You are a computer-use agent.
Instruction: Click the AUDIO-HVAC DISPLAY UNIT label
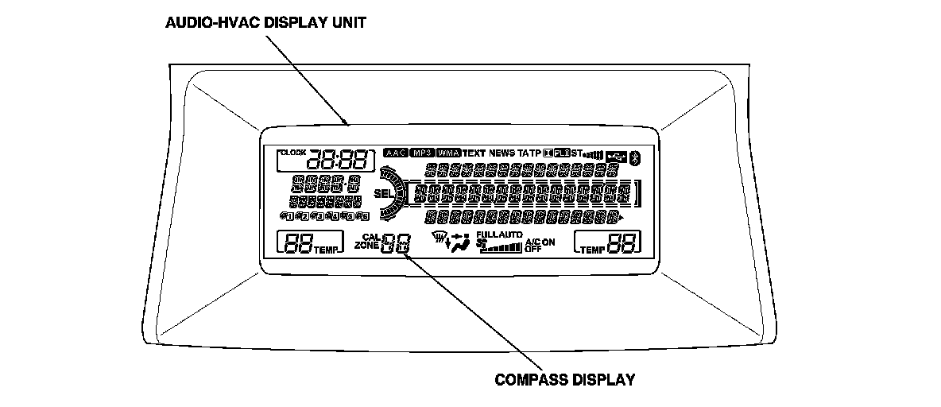coord(265,22)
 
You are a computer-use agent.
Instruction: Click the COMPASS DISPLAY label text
coord(565,379)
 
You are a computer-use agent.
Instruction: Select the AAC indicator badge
coord(395,153)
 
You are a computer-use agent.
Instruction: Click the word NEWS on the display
coord(502,153)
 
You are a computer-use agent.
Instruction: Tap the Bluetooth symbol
coord(634,157)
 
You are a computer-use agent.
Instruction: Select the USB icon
coord(616,157)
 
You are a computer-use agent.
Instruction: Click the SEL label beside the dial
coord(382,193)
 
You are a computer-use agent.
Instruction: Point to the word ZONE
coord(367,246)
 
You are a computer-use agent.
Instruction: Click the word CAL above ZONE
coord(371,237)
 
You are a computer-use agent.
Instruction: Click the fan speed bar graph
coord(504,247)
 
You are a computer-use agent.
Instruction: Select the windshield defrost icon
coord(436,236)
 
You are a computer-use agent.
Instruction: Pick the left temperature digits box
coord(298,244)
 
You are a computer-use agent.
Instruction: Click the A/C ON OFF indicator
coord(540,245)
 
